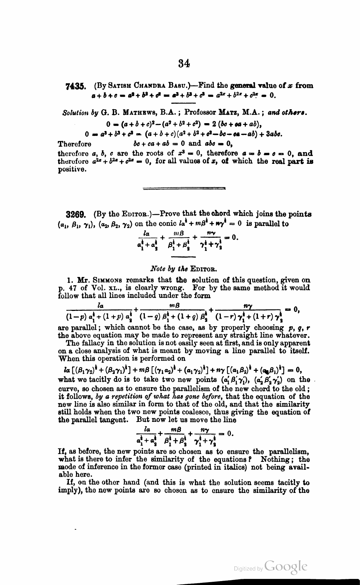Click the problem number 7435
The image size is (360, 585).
click(75, 86)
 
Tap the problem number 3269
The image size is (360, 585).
click(75, 215)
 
